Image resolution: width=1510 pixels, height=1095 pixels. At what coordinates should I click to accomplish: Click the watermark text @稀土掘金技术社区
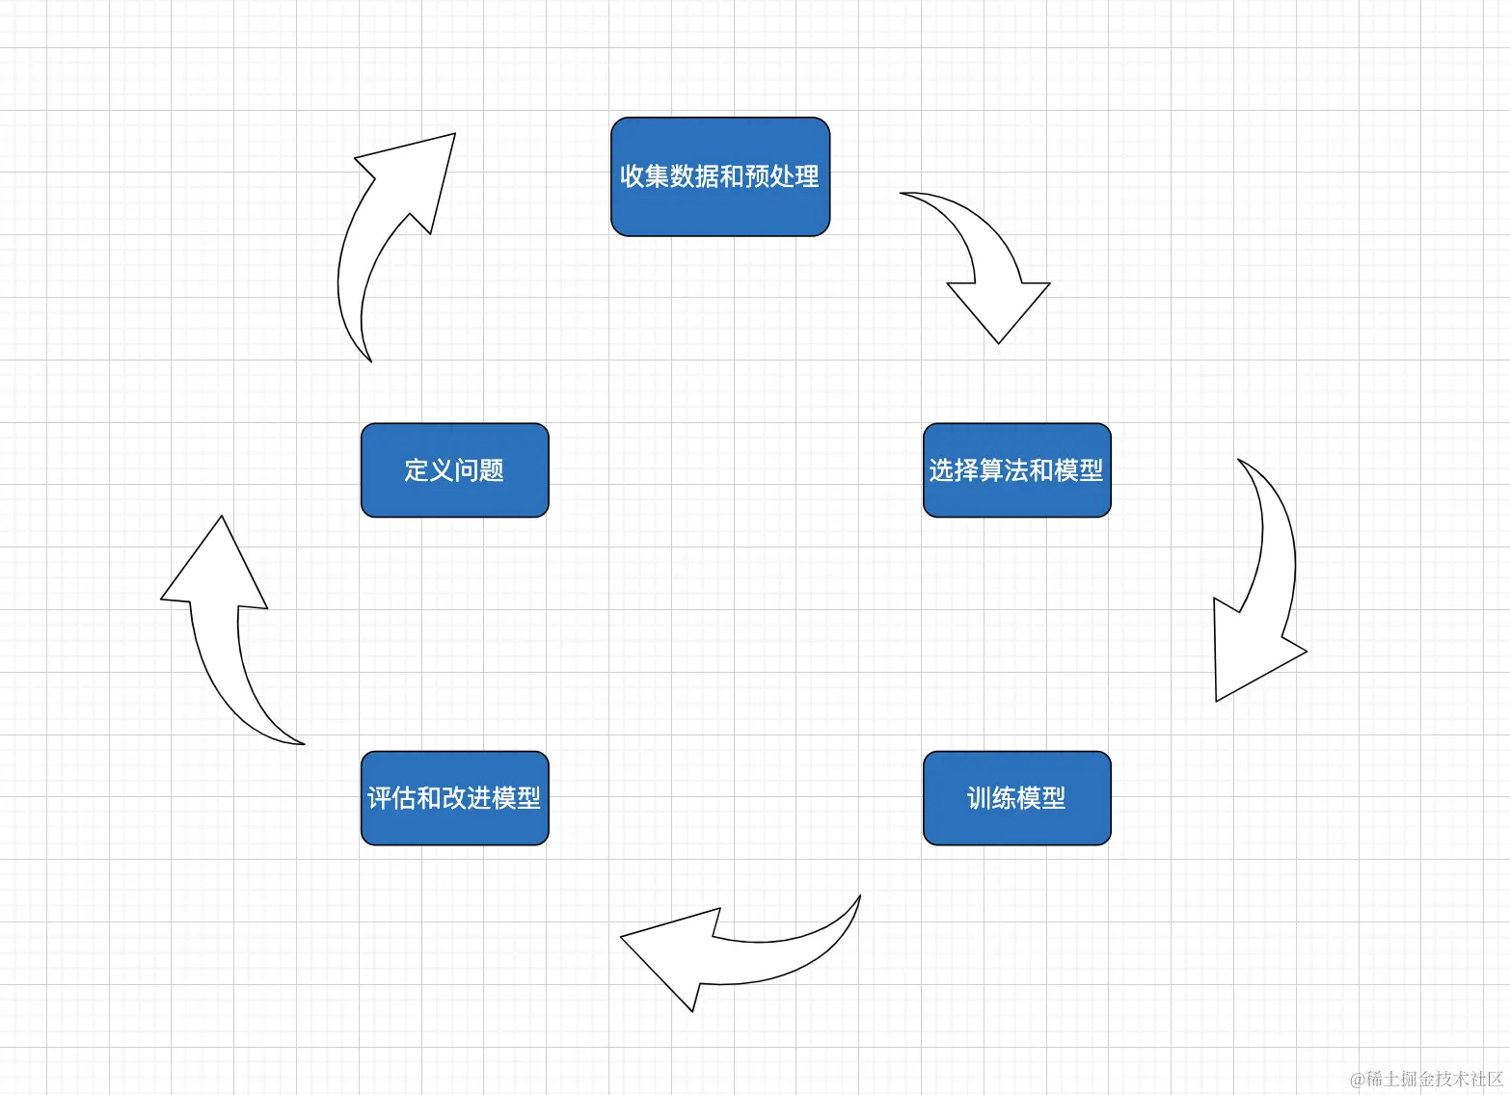1427,1079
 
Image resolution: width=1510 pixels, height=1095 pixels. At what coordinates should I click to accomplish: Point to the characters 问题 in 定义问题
479,470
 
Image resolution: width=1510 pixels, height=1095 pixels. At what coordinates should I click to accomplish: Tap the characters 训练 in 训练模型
991,798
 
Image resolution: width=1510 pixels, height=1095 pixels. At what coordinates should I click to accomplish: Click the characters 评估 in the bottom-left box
391,798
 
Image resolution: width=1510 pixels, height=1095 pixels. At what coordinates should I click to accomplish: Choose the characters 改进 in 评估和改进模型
467,798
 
